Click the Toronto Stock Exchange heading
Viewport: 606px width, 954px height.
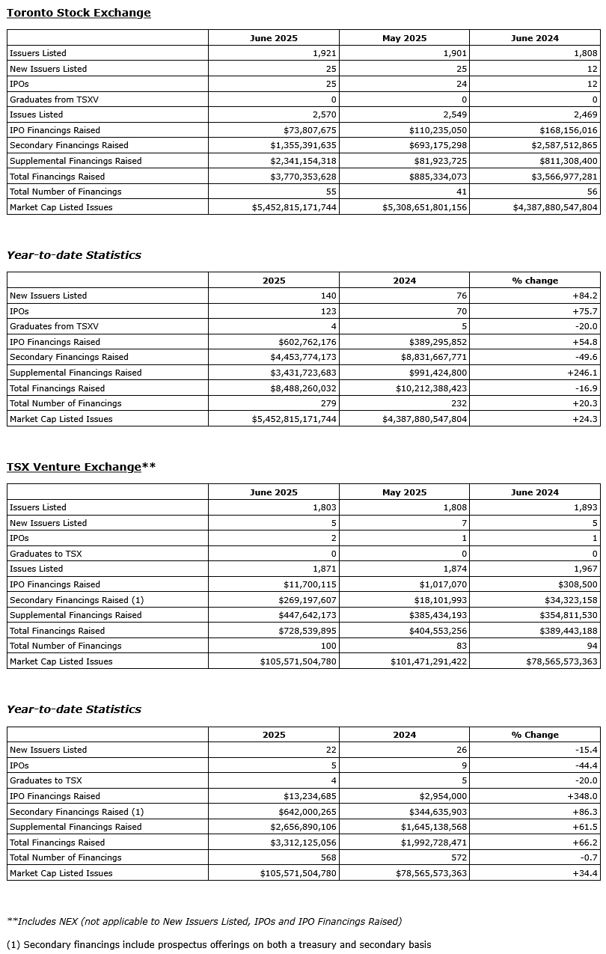79,13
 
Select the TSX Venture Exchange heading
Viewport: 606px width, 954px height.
74,467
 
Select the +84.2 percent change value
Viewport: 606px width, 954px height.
586,296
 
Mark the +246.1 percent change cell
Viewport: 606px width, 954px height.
583,373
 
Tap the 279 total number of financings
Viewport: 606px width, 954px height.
328,403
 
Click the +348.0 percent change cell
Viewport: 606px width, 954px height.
583,796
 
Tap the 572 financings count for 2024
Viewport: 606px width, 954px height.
459,857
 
